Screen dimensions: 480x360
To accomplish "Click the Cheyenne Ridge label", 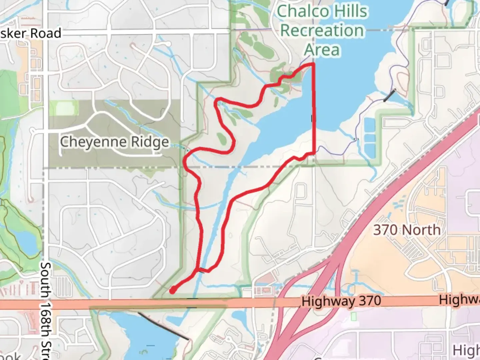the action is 114,142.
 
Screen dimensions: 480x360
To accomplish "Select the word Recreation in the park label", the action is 322,31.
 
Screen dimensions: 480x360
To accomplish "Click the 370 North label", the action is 407,230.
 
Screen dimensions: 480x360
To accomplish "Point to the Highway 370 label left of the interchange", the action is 341,301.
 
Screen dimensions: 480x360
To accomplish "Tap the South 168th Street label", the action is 46,310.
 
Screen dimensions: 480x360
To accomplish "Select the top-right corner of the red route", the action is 313,64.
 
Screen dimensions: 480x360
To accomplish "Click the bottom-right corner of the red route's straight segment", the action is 314,153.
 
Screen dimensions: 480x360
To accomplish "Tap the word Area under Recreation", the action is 322,50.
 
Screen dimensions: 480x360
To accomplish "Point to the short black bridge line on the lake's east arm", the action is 389,95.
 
